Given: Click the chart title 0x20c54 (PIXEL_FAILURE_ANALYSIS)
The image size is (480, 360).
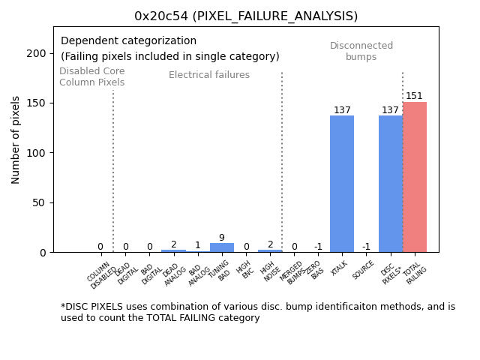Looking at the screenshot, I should pyautogui.click(x=246, y=16).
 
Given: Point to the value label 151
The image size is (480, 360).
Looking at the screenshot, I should pyautogui.click(x=415, y=96).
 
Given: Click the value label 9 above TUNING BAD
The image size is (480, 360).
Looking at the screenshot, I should pyautogui.click(x=221, y=238).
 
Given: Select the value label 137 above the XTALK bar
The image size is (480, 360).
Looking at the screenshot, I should pyautogui.click(x=342, y=110).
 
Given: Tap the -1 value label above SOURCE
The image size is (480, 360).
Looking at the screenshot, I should pyautogui.click(x=366, y=247).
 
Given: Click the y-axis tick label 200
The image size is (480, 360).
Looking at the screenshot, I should pyautogui.click(x=35, y=53).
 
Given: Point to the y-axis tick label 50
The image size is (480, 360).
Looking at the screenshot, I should pyautogui.click(x=38, y=202).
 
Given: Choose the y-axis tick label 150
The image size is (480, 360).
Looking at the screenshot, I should pyautogui.click(x=35, y=103).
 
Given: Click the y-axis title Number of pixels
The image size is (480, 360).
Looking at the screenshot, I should pyautogui.click(x=16, y=139).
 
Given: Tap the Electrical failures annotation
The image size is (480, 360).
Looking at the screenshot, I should pyautogui.click(x=209, y=75).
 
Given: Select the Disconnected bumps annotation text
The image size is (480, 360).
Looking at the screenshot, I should pyautogui.click(x=361, y=51).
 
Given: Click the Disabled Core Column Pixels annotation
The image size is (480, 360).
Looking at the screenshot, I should pyautogui.click(x=91, y=76).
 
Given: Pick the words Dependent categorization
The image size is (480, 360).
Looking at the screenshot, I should pyautogui.click(x=128, y=41).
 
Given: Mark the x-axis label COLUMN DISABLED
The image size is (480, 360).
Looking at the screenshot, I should pyautogui.click(x=100, y=275).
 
